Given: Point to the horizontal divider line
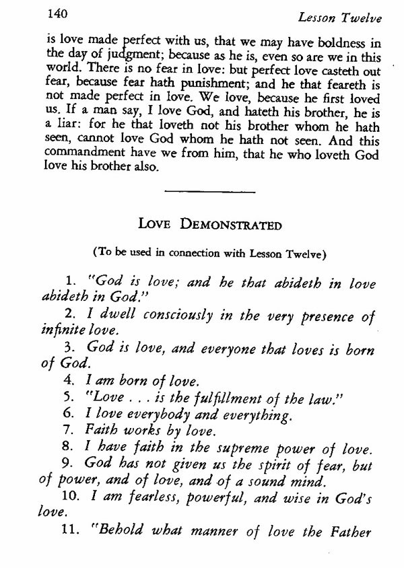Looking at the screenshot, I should click(x=209, y=192).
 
